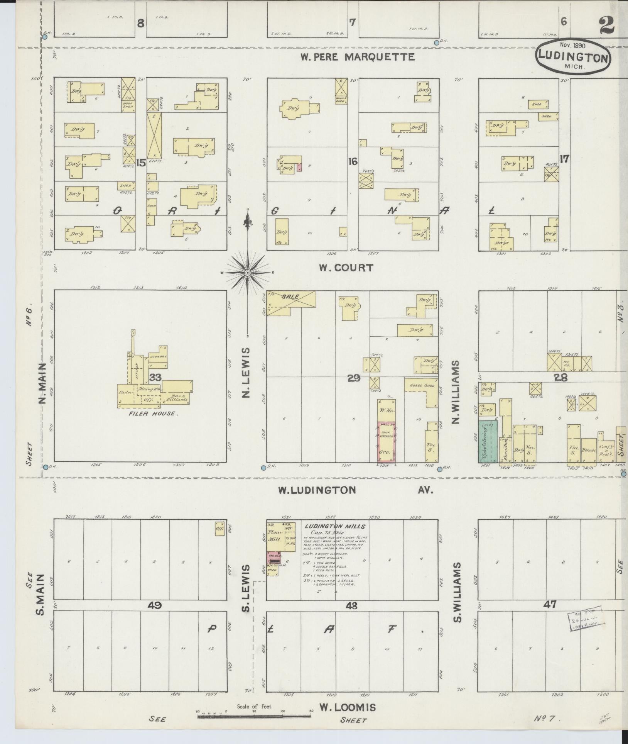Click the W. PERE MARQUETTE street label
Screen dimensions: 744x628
pyautogui.click(x=358, y=57)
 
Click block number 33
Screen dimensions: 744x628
pyautogui.click(x=155, y=377)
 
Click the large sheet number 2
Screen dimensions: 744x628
pyautogui.click(x=608, y=26)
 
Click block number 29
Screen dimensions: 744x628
pyautogui.click(x=353, y=378)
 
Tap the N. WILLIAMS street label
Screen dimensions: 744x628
pyautogui.click(x=457, y=392)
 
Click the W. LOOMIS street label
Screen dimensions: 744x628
pyautogui.click(x=347, y=707)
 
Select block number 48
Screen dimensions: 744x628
pyautogui.click(x=351, y=606)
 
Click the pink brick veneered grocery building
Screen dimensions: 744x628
pyautogui.click(x=387, y=442)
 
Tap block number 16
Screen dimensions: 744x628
pyautogui.click(x=353, y=161)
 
